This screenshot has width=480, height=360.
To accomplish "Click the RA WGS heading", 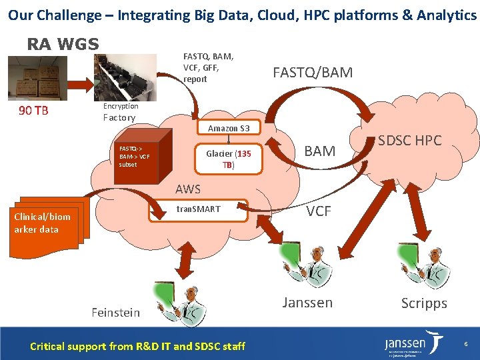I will point(63,45).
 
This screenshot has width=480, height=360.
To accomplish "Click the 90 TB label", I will point(33,111).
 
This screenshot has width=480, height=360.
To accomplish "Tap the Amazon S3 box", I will point(229,128).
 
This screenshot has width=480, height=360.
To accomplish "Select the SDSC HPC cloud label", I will point(409,141).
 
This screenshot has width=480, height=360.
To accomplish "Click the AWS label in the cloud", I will point(188,189).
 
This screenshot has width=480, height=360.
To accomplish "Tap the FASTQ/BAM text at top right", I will point(313,72).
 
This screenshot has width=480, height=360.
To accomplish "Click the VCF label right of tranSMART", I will point(319,211).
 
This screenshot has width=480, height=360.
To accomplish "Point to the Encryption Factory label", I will point(120,112).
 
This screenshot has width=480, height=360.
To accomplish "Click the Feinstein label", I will point(115,312).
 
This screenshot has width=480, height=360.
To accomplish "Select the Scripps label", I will point(423,303).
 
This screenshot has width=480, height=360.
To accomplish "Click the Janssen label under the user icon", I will point(307,302).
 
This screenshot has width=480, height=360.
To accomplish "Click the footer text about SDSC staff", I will point(137,345).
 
